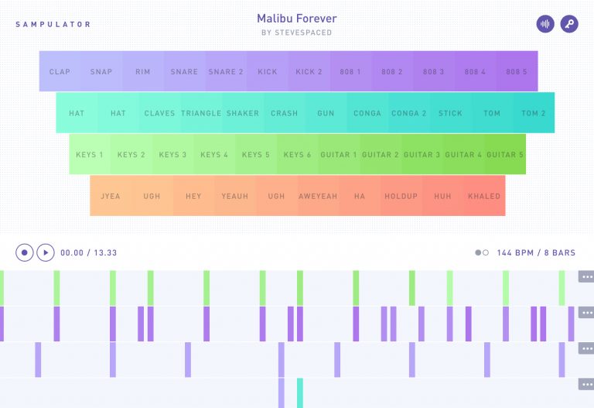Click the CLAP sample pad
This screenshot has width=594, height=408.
[x=60, y=72]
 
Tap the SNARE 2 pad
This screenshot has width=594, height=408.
[x=226, y=72]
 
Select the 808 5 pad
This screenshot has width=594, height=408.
[x=517, y=72]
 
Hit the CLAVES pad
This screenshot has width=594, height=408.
[x=159, y=113]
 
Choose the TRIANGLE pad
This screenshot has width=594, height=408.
[x=201, y=113]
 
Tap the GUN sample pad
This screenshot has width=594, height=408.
[x=326, y=113]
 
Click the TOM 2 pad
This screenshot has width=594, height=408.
[x=534, y=113]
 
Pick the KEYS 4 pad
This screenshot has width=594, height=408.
[x=214, y=155]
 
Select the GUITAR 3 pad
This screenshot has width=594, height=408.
[x=422, y=155]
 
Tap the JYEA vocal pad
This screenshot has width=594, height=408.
[x=111, y=196]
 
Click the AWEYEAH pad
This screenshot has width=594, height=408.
[x=318, y=196]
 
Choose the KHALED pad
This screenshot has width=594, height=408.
[x=484, y=196]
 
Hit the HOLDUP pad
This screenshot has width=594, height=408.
[x=401, y=196]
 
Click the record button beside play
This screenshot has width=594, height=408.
[x=25, y=252]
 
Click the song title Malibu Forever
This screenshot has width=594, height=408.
[x=297, y=19]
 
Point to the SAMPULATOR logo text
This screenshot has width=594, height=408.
[x=53, y=24]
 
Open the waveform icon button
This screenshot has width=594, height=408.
[x=545, y=24]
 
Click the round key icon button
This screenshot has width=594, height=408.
[x=569, y=24]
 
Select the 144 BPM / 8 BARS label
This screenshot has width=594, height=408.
[x=536, y=253]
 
